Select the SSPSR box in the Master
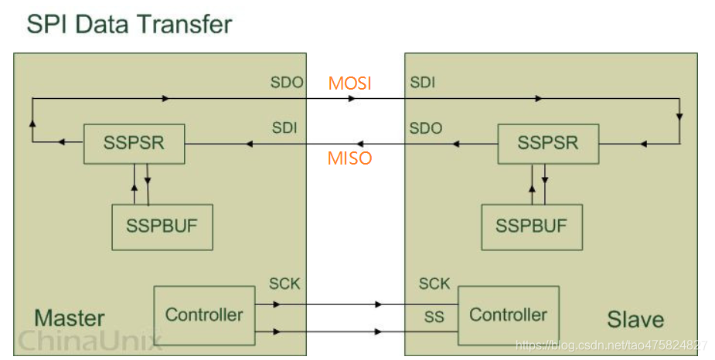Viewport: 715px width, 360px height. (x=134, y=144)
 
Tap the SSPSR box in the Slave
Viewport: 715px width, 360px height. (x=548, y=144)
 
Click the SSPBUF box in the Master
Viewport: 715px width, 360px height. (x=162, y=227)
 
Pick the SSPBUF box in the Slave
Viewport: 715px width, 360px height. (x=531, y=227)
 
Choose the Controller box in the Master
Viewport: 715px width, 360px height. (x=204, y=315)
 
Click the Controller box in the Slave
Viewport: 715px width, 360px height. (x=508, y=315)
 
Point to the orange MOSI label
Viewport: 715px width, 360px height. (x=349, y=83)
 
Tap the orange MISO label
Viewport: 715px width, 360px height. (x=349, y=158)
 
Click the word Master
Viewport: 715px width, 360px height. (x=69, y=318)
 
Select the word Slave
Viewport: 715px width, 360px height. (x=635, y=319)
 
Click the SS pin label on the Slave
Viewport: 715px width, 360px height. (x=434, y=317)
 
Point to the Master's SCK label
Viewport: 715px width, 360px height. (x=284, y=284)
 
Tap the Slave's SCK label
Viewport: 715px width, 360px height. (x=434, y=284)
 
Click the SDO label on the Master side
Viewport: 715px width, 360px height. (x=287, y=83)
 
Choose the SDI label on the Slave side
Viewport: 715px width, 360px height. (x=422, y=83)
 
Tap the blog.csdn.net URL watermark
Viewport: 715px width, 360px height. (x=611, y=345)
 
